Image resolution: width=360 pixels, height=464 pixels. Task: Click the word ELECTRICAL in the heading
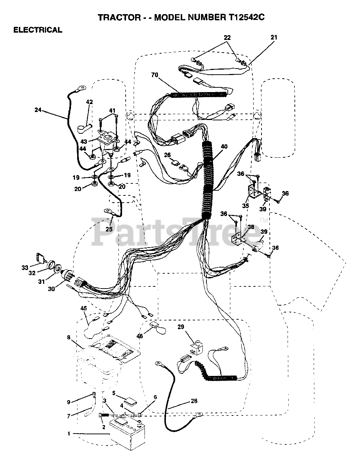[x=38, y=30]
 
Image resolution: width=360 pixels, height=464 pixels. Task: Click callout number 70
[x=155, y=75]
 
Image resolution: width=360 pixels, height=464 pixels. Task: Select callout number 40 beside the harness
[x=224, y=147]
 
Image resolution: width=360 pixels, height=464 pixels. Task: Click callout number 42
[x=89, y=102]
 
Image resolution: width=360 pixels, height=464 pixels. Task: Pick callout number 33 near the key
[x=25, y=268]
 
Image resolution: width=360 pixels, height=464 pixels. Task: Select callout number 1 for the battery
[x=69, y=434]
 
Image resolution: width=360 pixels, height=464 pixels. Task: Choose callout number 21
[x=274, y=37]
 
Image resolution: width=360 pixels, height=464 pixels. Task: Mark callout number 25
[x=109, y=229]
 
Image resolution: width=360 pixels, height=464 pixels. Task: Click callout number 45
[x=84, y=308]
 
